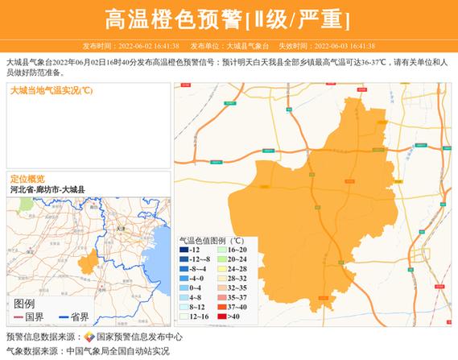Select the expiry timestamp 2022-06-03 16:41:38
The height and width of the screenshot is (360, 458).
click(x=344, y=46)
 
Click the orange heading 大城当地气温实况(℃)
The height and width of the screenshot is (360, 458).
click(x=52, y=90)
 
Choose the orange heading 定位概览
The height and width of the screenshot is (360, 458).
click(x=27, y=179)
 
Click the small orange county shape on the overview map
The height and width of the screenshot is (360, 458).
click(x=87, y=263)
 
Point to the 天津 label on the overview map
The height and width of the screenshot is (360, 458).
click(x=122, y=230)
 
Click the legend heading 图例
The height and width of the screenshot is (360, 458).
click(x=24, y=304)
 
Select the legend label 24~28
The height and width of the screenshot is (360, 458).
click(x=238, y=269)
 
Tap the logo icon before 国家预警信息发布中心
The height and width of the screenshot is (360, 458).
click(x=89, y=337)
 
